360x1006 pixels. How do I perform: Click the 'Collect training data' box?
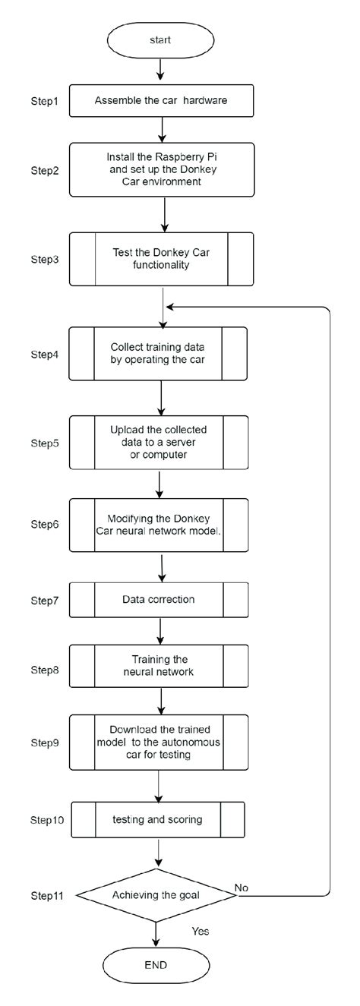[x=159, y=353]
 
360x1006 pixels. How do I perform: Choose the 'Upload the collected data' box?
[x=159, y=442]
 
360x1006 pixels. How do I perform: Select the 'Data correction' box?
[x=159, y=599]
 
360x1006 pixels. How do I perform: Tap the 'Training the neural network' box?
[x=159, y=665]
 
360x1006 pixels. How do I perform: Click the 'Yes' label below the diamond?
[x=201, y=930]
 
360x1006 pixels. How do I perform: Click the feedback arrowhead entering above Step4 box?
[x=170, y=307]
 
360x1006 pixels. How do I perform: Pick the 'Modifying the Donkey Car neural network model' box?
[x=159, y=524]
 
